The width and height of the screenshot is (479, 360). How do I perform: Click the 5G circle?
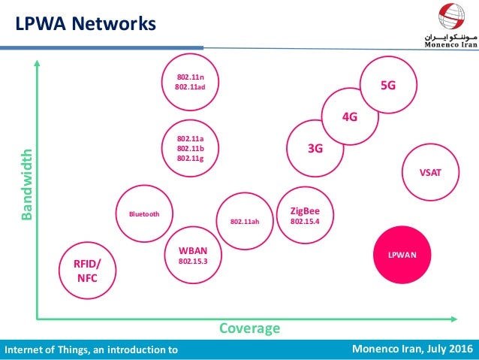coord(388,86)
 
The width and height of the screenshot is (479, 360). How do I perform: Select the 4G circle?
coord(349,117)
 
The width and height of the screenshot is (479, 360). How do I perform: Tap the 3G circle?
coord(315,149)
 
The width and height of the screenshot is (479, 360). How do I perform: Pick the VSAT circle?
coord(430,172)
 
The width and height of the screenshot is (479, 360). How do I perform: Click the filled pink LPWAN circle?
coord(402,255)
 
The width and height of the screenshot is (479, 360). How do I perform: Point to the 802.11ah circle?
coord(244,222)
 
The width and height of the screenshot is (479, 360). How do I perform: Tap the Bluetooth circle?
coord(144,213)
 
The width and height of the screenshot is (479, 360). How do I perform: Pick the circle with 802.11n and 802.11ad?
coord(191,81)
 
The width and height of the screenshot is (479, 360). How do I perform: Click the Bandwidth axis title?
coord(27,184)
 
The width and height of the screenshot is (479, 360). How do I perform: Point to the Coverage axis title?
coord(249,328)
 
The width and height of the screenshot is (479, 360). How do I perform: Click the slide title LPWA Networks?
coord(86,23)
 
